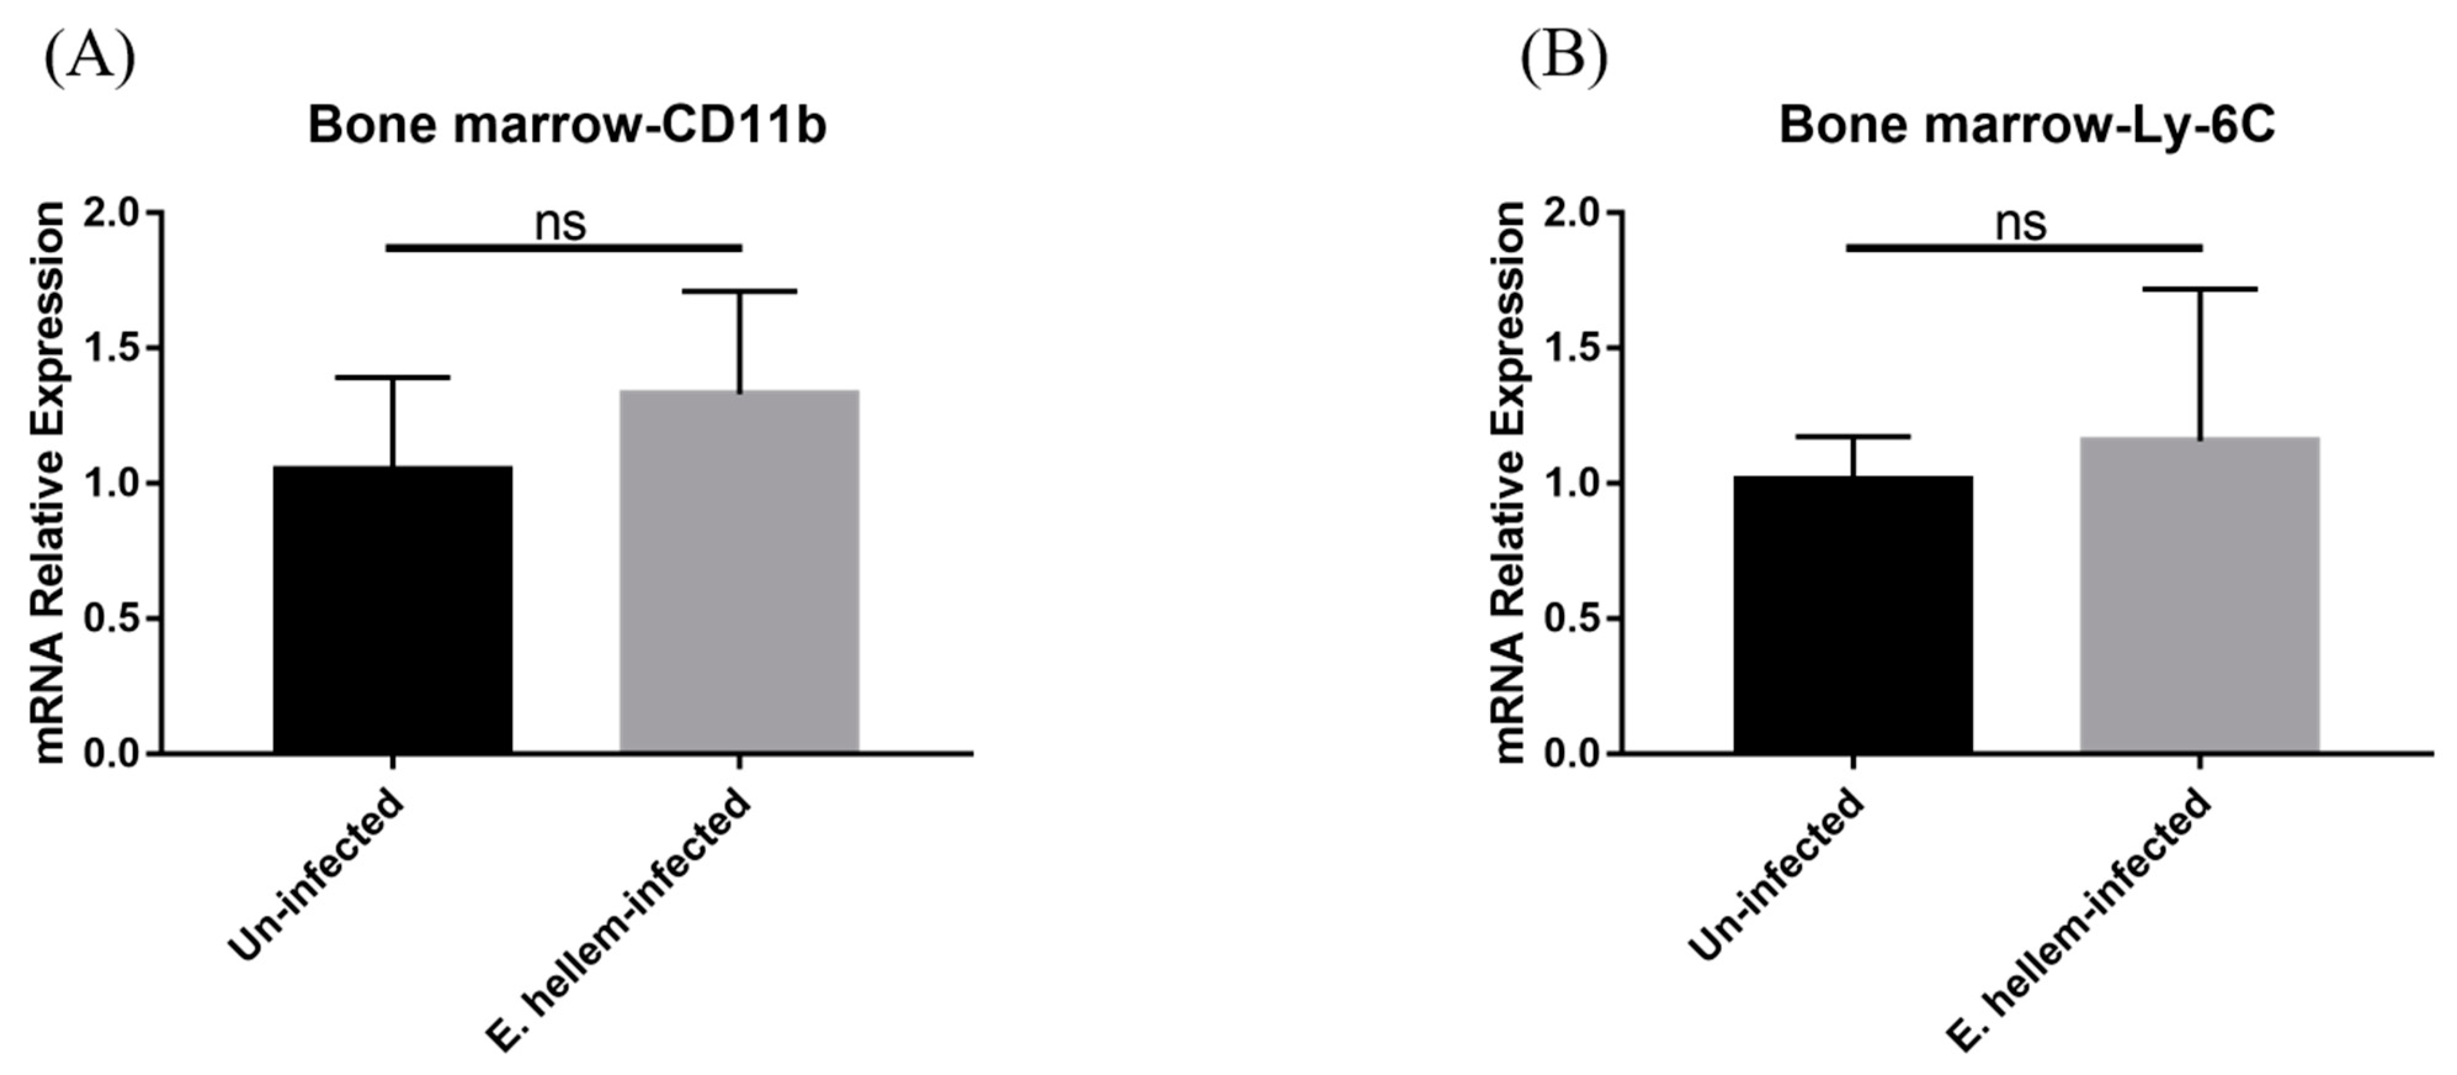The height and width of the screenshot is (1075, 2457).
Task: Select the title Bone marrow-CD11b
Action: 567,126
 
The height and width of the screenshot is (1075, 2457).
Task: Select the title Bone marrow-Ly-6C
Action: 2027,126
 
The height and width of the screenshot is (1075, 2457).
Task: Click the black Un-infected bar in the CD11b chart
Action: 393,611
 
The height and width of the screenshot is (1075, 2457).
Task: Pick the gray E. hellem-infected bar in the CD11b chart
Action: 739,572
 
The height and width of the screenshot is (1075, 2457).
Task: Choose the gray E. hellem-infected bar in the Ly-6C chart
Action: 2200,596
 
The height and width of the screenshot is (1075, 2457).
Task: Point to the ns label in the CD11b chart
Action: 560,223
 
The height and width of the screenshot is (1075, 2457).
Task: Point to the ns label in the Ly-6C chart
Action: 2021,223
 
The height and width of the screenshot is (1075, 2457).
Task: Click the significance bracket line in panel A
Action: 563,248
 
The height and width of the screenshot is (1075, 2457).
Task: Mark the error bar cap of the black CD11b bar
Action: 393,378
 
